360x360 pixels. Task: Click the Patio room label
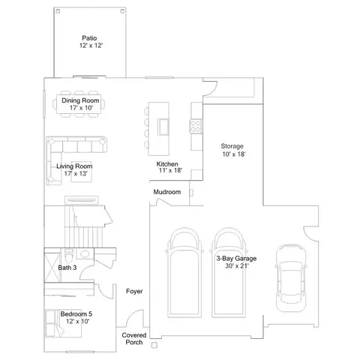point(89,38)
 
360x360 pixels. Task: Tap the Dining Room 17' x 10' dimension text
point(81,108)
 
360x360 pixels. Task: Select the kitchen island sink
point(163,127)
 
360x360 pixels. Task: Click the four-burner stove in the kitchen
point(196,126)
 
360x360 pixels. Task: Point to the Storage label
point(232,146)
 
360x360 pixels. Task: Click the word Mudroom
point(167,192)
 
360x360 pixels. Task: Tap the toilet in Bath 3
point(69,255)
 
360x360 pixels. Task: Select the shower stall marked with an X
point(52,268)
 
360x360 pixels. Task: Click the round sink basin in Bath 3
point(85,254)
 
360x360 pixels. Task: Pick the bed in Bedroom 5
point(64,324)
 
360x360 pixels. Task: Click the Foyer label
point(134,291)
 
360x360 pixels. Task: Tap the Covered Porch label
point(134,339)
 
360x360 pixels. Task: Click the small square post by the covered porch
point(154,345)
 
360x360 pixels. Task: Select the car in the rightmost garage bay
point(291,278)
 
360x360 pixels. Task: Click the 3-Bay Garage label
point(236,259)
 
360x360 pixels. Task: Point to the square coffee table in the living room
point(82,172)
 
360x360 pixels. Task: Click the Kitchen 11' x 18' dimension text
point(170,170)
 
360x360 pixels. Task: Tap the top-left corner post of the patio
point(58,11)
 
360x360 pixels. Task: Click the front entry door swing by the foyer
point(133,317)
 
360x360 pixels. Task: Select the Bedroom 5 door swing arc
point(104,292)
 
